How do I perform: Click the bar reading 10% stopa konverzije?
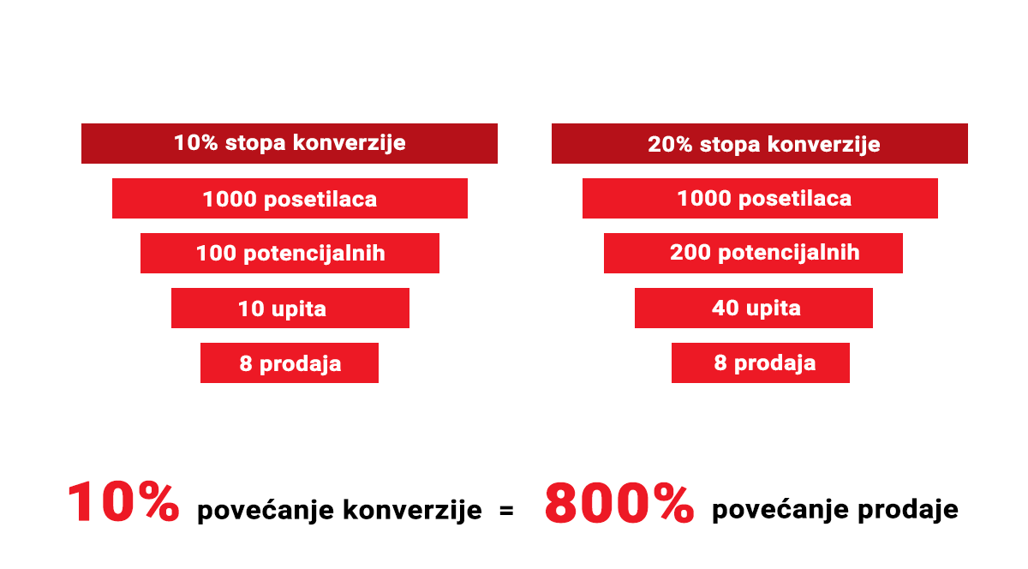point(290,143)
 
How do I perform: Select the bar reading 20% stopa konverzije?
point(760,143)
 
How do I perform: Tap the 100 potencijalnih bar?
point(290,253)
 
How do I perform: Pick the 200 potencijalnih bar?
point(753,253)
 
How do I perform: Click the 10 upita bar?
point(290,308)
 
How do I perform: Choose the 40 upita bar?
point(754,308)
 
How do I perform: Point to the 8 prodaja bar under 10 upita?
point(290,362)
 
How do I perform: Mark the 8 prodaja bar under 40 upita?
point(761,362)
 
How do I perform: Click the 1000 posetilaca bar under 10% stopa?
point(290,198)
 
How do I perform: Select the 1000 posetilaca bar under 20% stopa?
point(760,198)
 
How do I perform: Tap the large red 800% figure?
point(619,503)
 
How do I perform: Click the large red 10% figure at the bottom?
point(123,502)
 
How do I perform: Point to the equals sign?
point(506,510)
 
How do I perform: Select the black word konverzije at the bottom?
point(413,511)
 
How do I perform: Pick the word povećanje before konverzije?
point(266,511)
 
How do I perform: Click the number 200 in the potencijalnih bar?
point(690,252)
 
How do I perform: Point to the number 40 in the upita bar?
point(725,308)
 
